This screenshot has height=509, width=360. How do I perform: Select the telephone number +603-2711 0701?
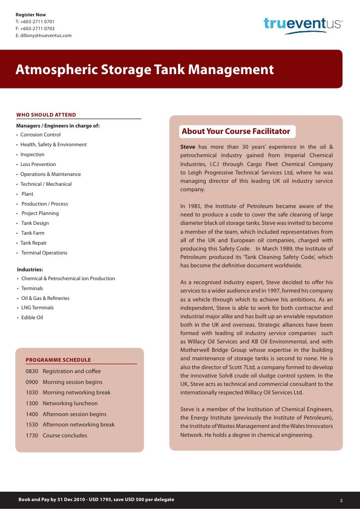(x=38, y=22)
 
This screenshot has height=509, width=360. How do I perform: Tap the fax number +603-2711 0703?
(x=38, y=29)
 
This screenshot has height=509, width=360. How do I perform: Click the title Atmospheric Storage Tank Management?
(x=144, y=69)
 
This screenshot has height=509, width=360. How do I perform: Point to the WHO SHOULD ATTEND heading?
(x=46, y=115)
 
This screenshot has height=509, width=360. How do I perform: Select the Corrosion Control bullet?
(x=40, y=135)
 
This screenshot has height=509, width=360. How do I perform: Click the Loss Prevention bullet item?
(x=38, y=164)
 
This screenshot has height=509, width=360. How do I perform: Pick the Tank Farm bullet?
(x=33, y=233)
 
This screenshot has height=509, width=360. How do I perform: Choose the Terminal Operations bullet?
(x=44, y=253)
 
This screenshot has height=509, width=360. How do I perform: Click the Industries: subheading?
(x=30, y=270)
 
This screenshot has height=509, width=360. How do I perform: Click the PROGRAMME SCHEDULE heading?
(x=58, y=360)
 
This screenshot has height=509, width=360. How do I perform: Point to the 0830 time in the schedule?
(x=32, y=371)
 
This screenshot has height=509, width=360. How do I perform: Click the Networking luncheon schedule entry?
(x=70, y=403)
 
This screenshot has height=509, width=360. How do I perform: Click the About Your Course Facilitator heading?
(x=236, y=131)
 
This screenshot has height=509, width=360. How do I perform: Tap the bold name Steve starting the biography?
(x=187, y=147)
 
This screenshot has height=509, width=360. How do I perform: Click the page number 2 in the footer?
(x=341, y=500)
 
